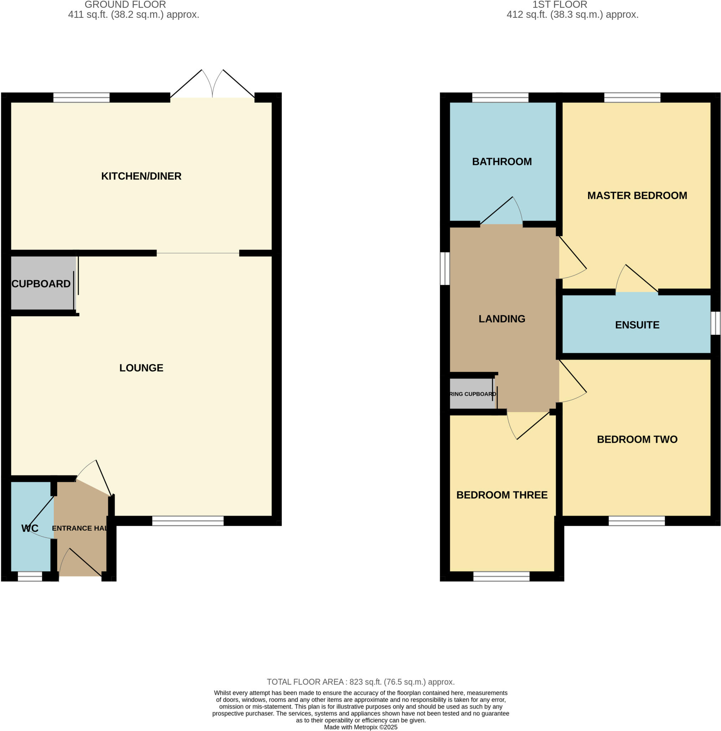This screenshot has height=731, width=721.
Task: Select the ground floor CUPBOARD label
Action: (x=41, y=284)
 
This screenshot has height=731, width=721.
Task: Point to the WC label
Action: (x=30, y=528)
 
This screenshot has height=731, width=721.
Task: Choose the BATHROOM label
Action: (x=501, y=162)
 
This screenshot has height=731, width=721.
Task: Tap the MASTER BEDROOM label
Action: (x=637, y=196)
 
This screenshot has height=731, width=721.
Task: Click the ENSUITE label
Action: (x=637, y=325)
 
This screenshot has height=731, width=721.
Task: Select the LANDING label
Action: (x=501, y=319)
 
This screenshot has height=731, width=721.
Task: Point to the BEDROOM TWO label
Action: (x=637, y=439)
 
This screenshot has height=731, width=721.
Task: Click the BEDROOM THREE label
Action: (x=501, y=495)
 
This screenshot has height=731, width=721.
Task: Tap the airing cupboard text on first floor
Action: (x=472, y=394)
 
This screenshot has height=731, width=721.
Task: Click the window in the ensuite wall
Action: (x=715, y=323)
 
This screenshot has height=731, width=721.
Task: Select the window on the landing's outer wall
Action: (x=445, y=268)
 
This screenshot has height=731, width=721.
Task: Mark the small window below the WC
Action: (x=30, y=576)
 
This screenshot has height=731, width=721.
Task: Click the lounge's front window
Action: (x=188, y=521)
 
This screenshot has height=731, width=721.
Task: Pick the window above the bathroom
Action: (x=500, y=97)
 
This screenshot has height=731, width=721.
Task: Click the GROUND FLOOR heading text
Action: (x=125, y=5)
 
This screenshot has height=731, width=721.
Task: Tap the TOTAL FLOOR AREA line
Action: (x=361, y=682)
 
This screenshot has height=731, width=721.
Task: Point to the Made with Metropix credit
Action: (x=361, y=727)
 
